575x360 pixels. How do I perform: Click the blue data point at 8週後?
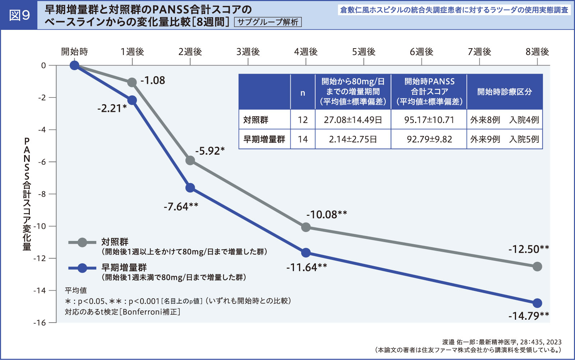[x=537, y=303]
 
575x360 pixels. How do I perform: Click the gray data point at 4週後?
[x=306, y=227]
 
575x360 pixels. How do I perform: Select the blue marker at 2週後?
[x=190, y=188]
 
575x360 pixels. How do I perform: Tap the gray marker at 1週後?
[x=132, y=82]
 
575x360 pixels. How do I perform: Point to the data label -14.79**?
[x=528, y=316]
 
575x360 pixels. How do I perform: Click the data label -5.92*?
[x=210, y=151]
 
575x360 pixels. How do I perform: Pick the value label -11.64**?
[x=307, y=268]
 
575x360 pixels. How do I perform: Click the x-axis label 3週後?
[x=248, y=52]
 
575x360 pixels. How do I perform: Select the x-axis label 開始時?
[x=74, y=52]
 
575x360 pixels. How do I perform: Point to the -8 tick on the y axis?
[x=42, y=194]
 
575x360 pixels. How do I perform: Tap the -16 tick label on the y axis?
[x=40, y=323]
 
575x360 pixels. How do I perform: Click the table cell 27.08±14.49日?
[x=353, y=120]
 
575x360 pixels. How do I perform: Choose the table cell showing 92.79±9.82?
[x=429, y=139]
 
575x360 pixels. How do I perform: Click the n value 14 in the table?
[x=303, y=139]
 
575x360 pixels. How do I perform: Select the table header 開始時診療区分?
[x=504, y=92]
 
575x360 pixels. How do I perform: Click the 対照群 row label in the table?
[x=256, y=120]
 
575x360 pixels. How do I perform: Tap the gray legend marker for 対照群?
[x=82, y=242]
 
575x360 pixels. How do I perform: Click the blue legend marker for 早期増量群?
[x=82, y=268]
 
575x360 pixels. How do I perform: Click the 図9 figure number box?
[x=19, y=15]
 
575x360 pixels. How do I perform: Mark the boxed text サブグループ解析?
[x=268, y=22]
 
